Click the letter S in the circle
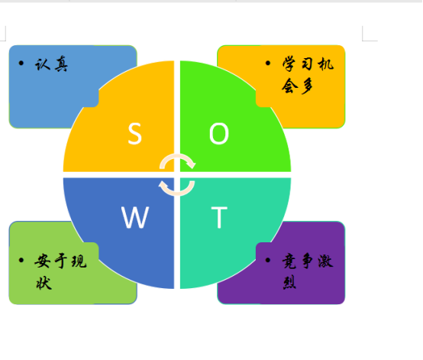[x=134, y=134]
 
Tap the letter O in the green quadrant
[x=219, y=134]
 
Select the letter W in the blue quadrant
[x=135, y=217]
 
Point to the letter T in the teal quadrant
[x=219, y=217]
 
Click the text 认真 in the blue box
[x=51, y=64]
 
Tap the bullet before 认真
[x=21, y=63]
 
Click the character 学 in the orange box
[x=289, y=64]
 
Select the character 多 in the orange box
[x=307, y=86]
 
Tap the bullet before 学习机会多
[x=268, y=63]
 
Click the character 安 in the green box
[x=43, y=261]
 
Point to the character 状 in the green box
[x=44, y=283]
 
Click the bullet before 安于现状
[x=21, y=260]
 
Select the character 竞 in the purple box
[x=289, y=261]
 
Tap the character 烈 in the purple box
[x=289, y=283]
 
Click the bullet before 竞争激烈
[x=268, y=260]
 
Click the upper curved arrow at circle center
[x=178, y=158]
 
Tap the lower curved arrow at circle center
[x=176, y=191]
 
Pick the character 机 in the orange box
[x=325, y=64]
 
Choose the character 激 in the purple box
[x=325, y=261]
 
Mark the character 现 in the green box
[x=79, y=261]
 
